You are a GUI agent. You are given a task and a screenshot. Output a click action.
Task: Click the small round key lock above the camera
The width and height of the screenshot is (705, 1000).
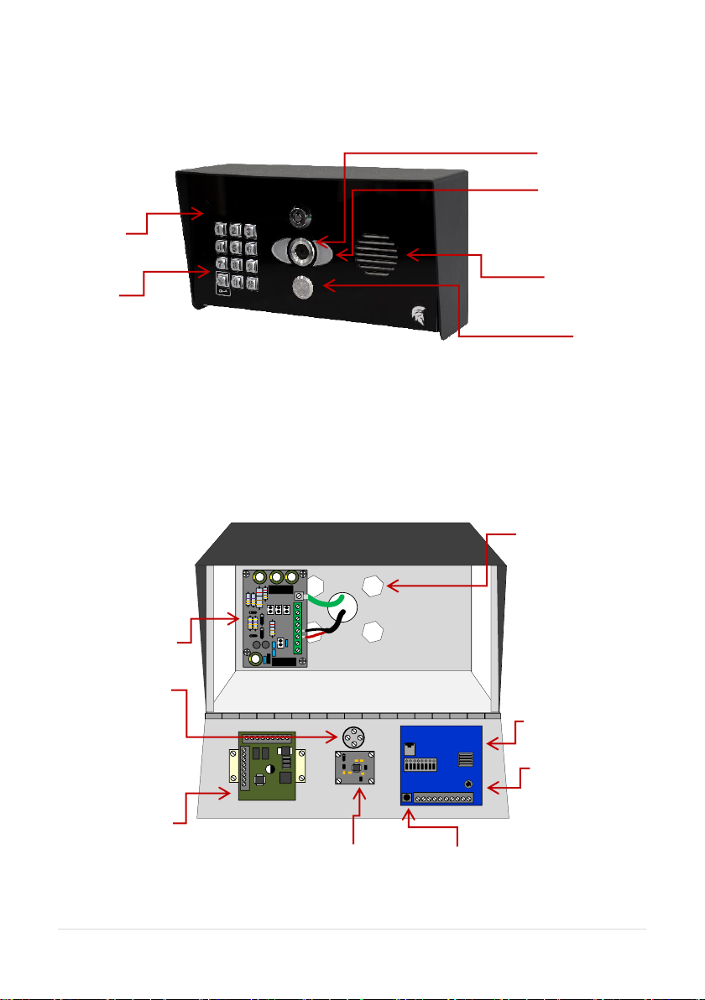coord(297,217)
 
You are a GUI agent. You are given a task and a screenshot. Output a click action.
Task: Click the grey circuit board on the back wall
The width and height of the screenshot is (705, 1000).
coord(273,619)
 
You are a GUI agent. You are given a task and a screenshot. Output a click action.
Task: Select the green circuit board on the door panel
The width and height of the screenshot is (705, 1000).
coord(268,765)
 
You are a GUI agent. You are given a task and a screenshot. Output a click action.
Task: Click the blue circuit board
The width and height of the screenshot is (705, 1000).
coord(441,764)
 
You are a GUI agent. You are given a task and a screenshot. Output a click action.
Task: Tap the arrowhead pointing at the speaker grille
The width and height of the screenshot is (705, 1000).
coord(407,254)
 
